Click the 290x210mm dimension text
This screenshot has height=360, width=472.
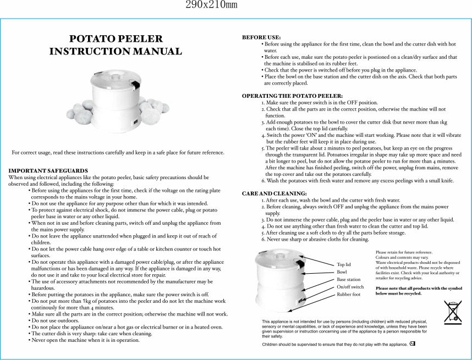point(211,5)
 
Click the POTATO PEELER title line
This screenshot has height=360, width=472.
point(116,39)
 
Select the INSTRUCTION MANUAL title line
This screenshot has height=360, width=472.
point(116,52)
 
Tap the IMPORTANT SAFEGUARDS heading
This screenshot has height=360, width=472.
point(48,171)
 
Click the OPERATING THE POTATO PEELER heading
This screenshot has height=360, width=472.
point(292,96)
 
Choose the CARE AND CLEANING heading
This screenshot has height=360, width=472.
point(275,193)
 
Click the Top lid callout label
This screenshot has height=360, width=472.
point(344,264)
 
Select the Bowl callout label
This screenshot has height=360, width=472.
point(342,272)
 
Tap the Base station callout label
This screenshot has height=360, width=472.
point(349,280)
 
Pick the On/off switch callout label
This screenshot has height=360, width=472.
point(350,287)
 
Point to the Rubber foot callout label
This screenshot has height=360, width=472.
point(349,295)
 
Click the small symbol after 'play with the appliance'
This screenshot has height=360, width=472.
point(412,344)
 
